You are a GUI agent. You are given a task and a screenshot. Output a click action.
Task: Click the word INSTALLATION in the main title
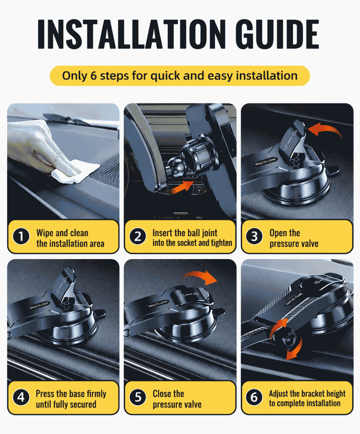coord(131,34)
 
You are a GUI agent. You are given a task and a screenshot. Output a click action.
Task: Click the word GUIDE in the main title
coord(278,34)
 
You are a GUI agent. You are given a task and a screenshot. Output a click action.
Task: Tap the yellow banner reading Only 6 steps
coord(180,76)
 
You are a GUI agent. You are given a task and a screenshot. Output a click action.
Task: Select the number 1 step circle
coord(21,237)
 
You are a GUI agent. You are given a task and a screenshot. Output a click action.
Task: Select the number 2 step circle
coord(138,237)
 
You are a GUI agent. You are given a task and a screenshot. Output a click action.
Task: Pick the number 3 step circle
coord(254,237)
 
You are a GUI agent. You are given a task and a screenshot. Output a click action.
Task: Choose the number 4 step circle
coord(21,398)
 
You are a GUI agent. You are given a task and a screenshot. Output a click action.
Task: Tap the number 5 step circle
coord(138,398)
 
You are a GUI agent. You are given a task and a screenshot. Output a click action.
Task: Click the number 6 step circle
coord(254,398)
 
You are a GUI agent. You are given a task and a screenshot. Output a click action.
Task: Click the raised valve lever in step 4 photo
coord(64,286)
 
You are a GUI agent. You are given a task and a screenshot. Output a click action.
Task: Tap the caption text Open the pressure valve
coord(294,238)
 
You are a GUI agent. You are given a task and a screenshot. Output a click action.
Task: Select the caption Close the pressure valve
coord(177,399)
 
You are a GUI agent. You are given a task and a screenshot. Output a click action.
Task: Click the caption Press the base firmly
coord(71,394)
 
